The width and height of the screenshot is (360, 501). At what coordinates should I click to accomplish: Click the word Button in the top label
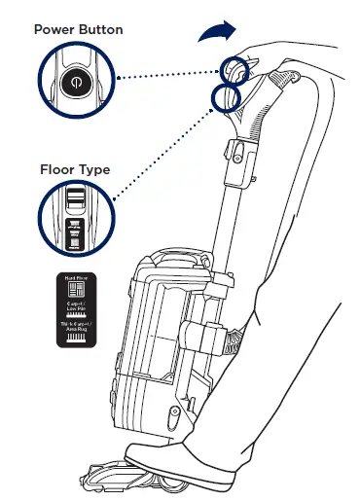(101, 30)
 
